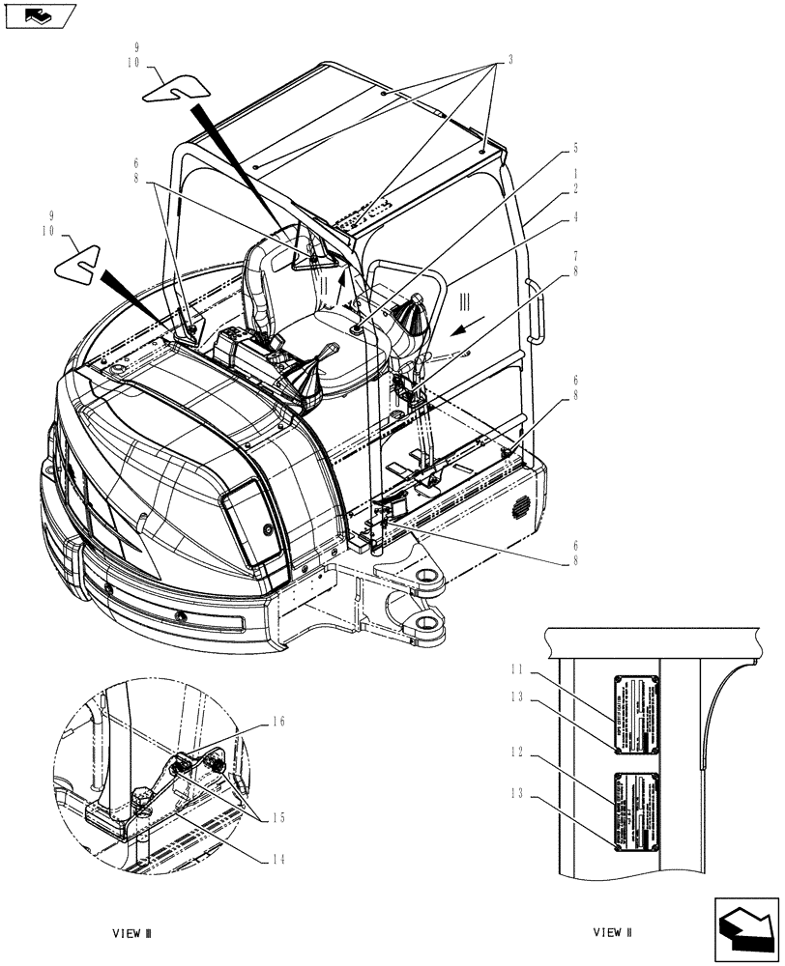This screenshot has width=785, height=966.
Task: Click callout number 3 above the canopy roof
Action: (x=510, y=59)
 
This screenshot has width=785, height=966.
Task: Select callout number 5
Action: (x=576, y=148)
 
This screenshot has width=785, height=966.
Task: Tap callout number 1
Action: (x=576, y=174)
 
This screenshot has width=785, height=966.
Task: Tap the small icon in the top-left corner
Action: (x=38, y=15)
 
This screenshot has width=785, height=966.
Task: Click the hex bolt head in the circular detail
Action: (x=142, y=798)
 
